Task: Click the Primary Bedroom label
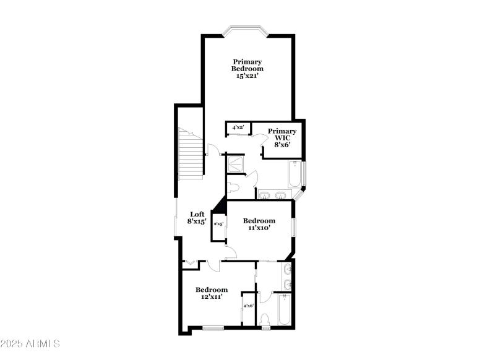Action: [x=247, y=65]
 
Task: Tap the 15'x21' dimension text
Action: [x=247, y=76]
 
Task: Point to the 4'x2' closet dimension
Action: [x=238, y=127]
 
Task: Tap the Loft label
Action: [x=197, y=214]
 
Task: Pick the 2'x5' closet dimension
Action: [x=218, y=225]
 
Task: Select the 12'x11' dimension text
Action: [x=212, y=298]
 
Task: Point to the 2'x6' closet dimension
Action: [x=248, y=306]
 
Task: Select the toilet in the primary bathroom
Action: [x=235, y=187]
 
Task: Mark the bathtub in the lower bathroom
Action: [x=285, y=309]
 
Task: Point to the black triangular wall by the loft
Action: [x=220, y=206]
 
